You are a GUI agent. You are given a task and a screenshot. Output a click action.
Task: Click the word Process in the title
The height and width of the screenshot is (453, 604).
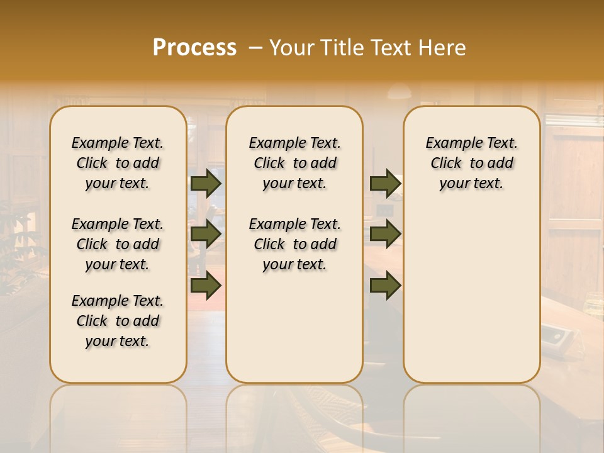(x=194, y=48)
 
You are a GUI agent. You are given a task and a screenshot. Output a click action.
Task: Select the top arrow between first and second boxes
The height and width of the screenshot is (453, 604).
(x=206, y=184)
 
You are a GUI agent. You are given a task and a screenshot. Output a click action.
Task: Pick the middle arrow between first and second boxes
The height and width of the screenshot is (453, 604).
(x=206, y=234)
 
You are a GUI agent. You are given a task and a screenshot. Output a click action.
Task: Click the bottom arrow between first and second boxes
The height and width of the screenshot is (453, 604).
(x=206, y=286)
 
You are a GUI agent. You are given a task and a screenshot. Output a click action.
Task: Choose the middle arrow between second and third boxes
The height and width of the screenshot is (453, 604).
(x=385, y=234)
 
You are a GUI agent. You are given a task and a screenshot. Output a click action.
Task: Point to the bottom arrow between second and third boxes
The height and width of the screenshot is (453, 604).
(x=385, y=286)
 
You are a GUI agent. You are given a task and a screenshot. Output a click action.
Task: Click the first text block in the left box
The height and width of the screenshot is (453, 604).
(x=118, y=163)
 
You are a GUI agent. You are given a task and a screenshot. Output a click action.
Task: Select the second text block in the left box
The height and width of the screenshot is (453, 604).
(x=118, y=244)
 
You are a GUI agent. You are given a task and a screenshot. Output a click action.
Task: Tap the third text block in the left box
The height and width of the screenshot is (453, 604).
(x=118, y=321)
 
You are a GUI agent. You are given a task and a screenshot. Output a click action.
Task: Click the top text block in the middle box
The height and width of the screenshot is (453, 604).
(x=294, y=163)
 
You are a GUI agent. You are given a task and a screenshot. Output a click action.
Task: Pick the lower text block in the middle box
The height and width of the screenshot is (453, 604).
(x=294, y=244)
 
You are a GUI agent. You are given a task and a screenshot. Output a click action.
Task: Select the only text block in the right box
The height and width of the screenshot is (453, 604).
(x=471, y=163)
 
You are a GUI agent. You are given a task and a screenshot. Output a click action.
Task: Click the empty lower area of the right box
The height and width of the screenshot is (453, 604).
(x=471, y=296)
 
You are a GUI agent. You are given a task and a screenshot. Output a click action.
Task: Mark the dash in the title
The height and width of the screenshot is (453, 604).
(x=255, y=48)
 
